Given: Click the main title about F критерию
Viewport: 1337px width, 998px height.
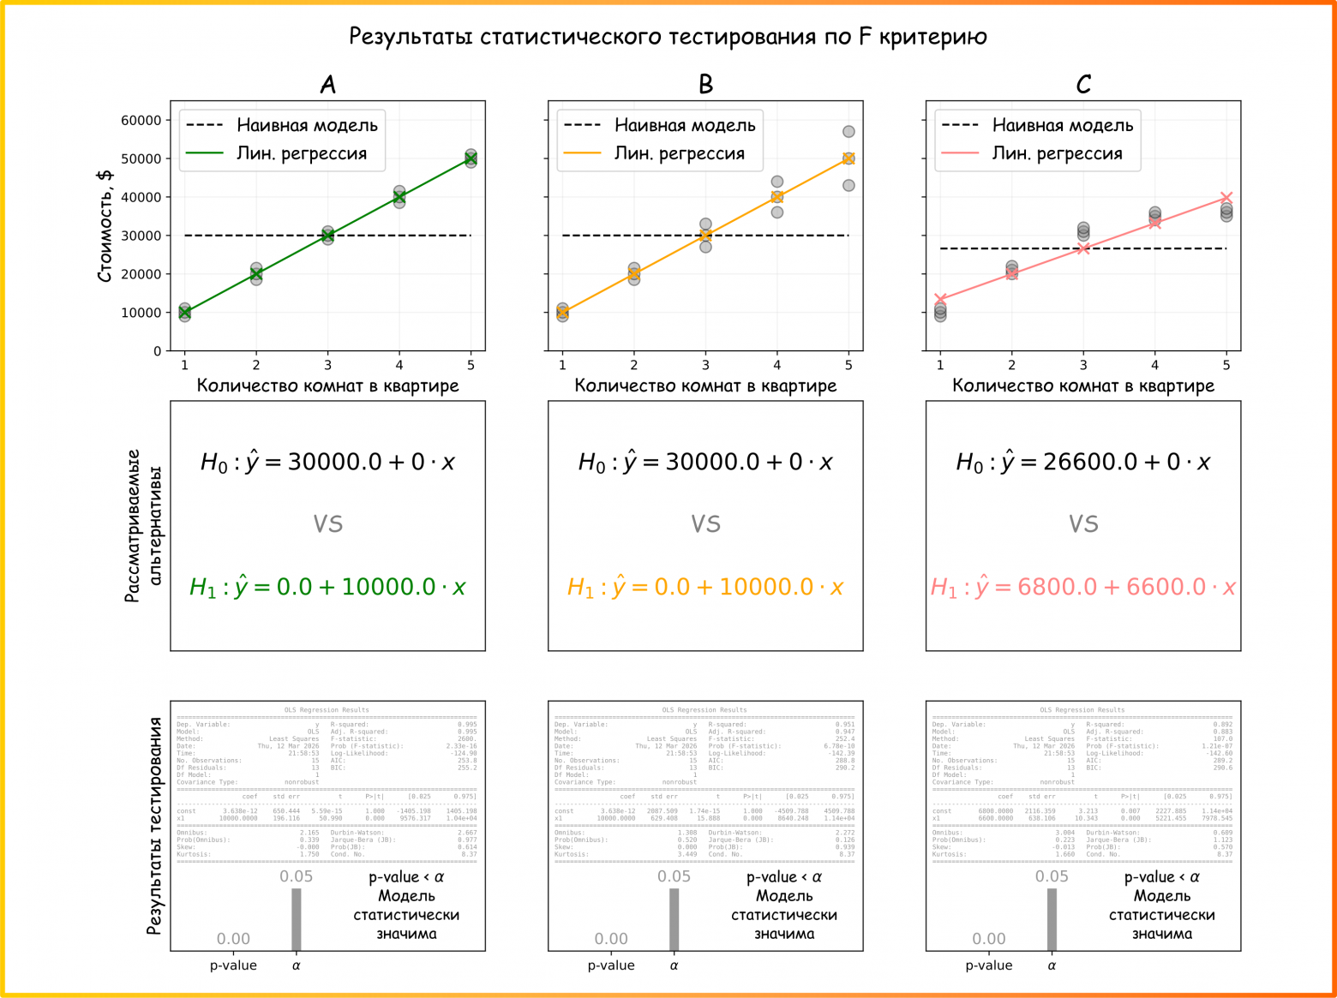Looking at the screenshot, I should pyautogui.click(x=668, y=37).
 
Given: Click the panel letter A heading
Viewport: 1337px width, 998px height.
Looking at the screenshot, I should pyautogui.click(x=327, y=84).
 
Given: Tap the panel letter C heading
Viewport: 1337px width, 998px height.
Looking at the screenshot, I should pyautogui.click(x=1083, y=84).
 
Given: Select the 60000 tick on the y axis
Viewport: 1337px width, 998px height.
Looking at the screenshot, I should pyautogui.click(x=141, y=121).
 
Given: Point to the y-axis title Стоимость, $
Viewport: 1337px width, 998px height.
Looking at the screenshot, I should pyautogui.click(x=105, y=226).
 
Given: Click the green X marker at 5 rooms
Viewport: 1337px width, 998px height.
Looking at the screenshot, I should pyautogui.click(x=471, y=158).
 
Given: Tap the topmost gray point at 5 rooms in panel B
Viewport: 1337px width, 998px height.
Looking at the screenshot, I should pyautogui.click(x=848, y=132).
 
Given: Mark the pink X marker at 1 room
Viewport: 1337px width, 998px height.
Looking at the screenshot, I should pyautogui.click(x=940, y=299).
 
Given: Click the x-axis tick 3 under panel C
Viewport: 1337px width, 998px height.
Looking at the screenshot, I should pyautogui.click(x=1083, y=365).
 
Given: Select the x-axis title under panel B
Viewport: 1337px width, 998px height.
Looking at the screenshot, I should pyautogui.click(x=705, y=385).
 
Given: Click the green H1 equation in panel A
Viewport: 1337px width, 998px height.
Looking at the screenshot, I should pyautogui.click(x=327, y=587).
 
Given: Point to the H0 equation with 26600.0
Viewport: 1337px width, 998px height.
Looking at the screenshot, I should pyautogui.click(x=1083, y=463).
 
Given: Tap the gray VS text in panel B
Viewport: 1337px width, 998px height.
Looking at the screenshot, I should pyautogui.click(x=705, y=523).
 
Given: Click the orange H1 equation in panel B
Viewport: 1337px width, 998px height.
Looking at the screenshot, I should pyautogui.click(x=705, y=587).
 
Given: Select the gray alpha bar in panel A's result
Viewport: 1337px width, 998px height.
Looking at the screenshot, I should pyautogui.click(x=297, y=919).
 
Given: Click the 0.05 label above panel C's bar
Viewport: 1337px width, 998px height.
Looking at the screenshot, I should pyautogui.click(x=1052, y=876).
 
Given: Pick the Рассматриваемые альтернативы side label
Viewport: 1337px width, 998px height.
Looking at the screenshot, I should pyautogui.click(x=143, y=525).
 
